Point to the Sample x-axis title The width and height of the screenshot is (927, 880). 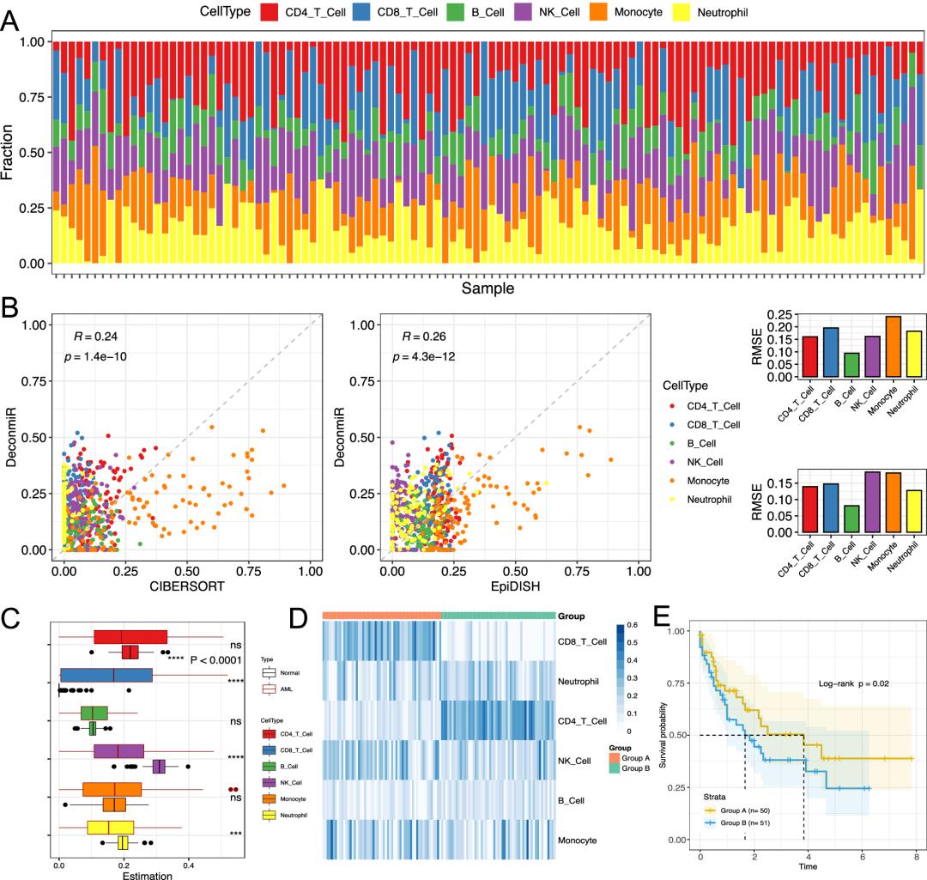click(x=488, y=288)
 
